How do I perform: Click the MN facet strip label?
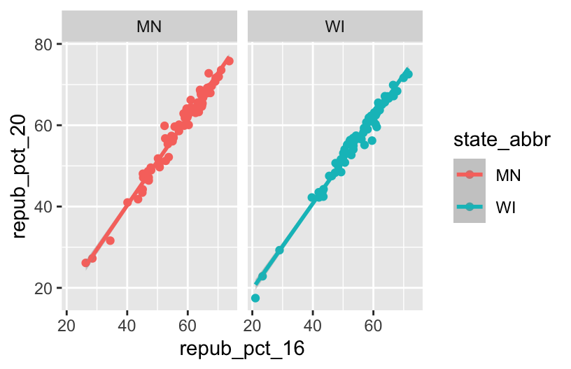pos(149,27)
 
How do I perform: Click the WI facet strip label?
pos(335,27)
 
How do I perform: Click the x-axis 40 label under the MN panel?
pos(127,325)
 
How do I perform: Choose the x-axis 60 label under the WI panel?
pos(374,325)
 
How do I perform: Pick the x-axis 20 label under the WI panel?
pos(253,325)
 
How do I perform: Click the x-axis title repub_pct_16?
pos(242,348)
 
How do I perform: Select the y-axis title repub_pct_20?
pos(20,166)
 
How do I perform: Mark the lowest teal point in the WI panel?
pos(255,298)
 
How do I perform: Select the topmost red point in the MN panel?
pos(229,61)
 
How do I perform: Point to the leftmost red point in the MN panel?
pos(85,263)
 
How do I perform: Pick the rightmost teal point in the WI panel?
pos(409,74)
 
